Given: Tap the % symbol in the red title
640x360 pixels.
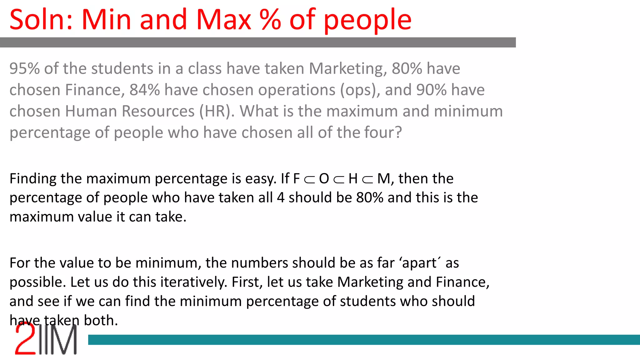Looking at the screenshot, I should click(x=271, y=20).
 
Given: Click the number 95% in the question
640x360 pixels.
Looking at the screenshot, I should click(x=25, y=68).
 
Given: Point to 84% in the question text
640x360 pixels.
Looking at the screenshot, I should click(x=145, y=90).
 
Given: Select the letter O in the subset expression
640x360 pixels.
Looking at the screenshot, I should click(x=324, y=179).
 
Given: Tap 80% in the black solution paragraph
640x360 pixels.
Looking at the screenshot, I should click(x=370, y=198).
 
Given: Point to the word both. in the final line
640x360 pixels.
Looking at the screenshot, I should click(x=101, y=321).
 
